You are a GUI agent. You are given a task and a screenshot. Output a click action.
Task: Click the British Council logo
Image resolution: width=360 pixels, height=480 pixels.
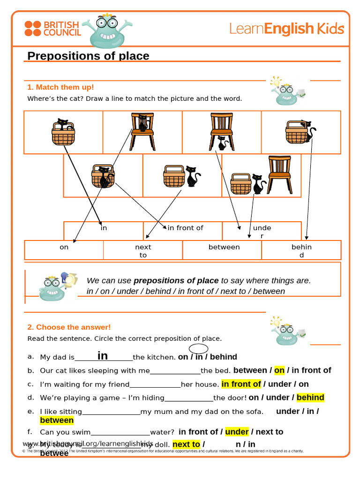click(52, 29)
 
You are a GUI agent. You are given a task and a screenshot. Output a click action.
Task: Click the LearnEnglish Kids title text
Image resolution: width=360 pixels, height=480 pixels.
click(286, 29)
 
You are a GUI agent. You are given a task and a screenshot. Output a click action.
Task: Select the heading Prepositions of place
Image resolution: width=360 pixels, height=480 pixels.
click(88, 56)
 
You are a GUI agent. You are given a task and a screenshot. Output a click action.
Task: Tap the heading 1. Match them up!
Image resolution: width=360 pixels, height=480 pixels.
click(60, 87)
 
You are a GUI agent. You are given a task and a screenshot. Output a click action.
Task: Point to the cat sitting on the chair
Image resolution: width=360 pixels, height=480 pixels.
click(143, 123)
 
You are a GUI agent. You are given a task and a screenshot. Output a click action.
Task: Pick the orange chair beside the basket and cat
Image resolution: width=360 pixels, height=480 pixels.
click(280, 174)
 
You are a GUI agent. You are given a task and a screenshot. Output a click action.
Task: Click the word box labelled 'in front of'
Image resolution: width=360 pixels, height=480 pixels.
click(185, 228)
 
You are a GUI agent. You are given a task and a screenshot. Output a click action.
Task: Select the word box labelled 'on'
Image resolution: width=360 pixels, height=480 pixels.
click(64, 247)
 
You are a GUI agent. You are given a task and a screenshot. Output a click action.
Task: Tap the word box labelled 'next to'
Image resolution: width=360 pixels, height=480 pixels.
click(143, 251)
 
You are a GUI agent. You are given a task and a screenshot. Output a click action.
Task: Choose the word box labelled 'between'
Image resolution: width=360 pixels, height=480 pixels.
click(224, 247)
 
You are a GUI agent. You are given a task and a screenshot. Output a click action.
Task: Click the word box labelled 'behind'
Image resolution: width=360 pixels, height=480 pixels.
click(301, 251)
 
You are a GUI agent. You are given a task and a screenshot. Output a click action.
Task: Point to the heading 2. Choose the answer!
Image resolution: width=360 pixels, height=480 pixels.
click(69, 327)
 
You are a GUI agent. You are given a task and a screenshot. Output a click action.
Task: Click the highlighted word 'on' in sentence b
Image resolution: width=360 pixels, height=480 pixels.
click(279, 370)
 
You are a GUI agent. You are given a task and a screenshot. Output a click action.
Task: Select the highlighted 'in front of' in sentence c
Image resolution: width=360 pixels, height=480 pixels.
click(241, 384)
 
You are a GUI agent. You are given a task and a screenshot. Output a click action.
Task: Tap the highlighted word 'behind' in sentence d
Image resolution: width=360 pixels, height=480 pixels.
click(310, 397)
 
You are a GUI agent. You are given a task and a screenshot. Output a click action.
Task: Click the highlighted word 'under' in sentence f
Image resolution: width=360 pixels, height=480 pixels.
click(237, 432)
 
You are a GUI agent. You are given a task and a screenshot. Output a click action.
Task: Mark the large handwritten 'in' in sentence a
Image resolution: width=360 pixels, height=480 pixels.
click(103, 356)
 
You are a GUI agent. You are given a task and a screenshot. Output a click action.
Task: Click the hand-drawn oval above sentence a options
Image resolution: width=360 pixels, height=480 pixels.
click(199, 348)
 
